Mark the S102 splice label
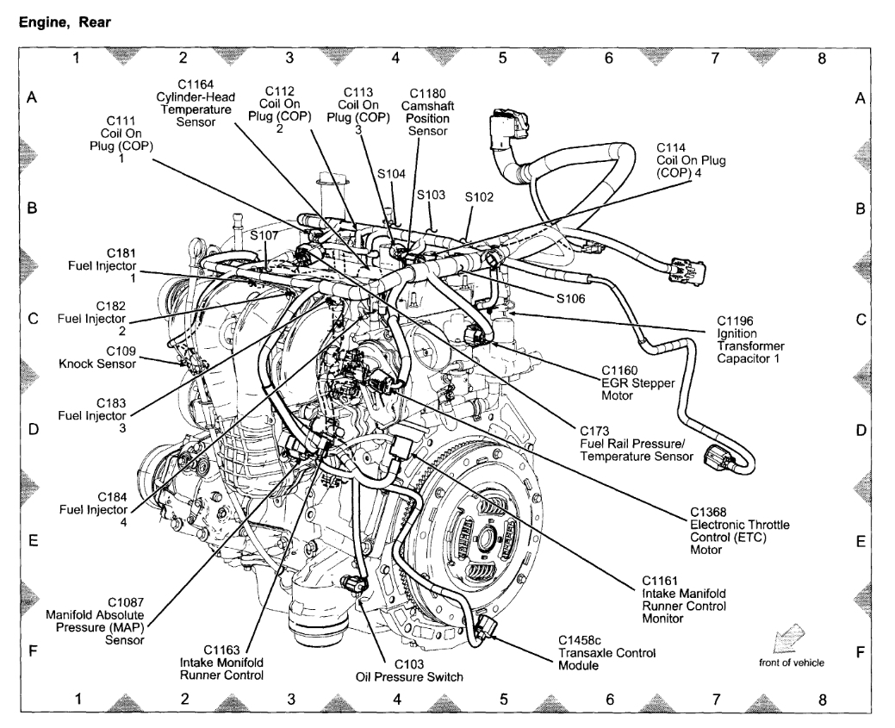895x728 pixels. coord(479,197)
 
